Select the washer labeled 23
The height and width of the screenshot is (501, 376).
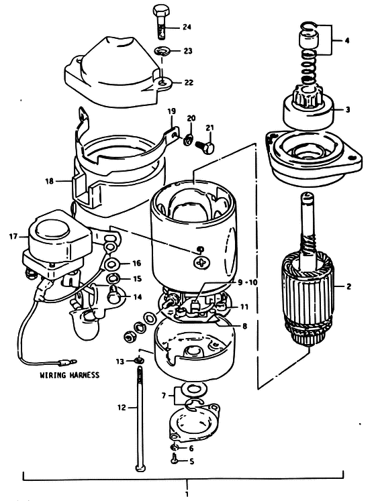click(x=162, y=51)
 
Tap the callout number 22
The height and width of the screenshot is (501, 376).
click(x=189, y=82)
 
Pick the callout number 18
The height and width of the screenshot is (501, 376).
click(x=49, y=181)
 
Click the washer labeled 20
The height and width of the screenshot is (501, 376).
click(x=189, y=140)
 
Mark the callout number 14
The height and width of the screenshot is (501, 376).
click(x=137, y=297)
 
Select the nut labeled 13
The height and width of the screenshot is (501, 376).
click(x=138, y=361)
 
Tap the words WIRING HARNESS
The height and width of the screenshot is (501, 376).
click(x=69, y=374)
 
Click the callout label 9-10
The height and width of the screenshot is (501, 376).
click(x=248, y=282)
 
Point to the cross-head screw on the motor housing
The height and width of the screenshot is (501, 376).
click(x=202, y=263)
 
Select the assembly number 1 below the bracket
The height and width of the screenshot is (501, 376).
click(x=187, y=494)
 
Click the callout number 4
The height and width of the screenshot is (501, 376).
click(x=347, y=41)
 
